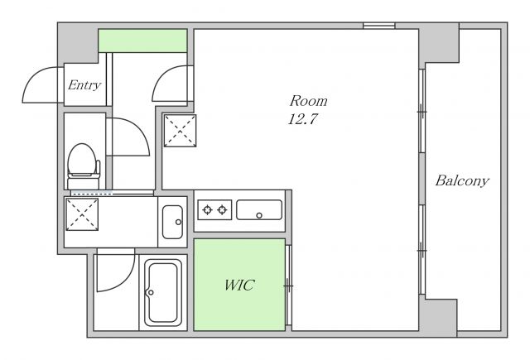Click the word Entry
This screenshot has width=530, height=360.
[84, 84]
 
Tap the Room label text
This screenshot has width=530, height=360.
[308, 101]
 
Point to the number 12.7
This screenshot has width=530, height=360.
[303, 119]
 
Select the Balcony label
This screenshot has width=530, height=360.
[462, 180]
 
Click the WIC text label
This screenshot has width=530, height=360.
[239, 286]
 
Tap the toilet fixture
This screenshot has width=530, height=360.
[83, 166]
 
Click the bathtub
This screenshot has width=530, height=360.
[163, 292]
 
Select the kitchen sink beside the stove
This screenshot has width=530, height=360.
[259, 209]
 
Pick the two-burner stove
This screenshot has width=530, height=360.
[214, 209]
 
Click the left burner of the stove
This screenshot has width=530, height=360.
[207, 209]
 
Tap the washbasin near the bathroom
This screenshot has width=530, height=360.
[172, 222]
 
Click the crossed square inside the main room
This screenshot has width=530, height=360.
[181, 131]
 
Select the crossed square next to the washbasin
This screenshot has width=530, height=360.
[82, 215]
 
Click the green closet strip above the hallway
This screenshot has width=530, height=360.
[142, 41]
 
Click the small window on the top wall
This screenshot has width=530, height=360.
[379, 26]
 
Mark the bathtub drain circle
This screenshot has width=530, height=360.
[151, 292]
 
